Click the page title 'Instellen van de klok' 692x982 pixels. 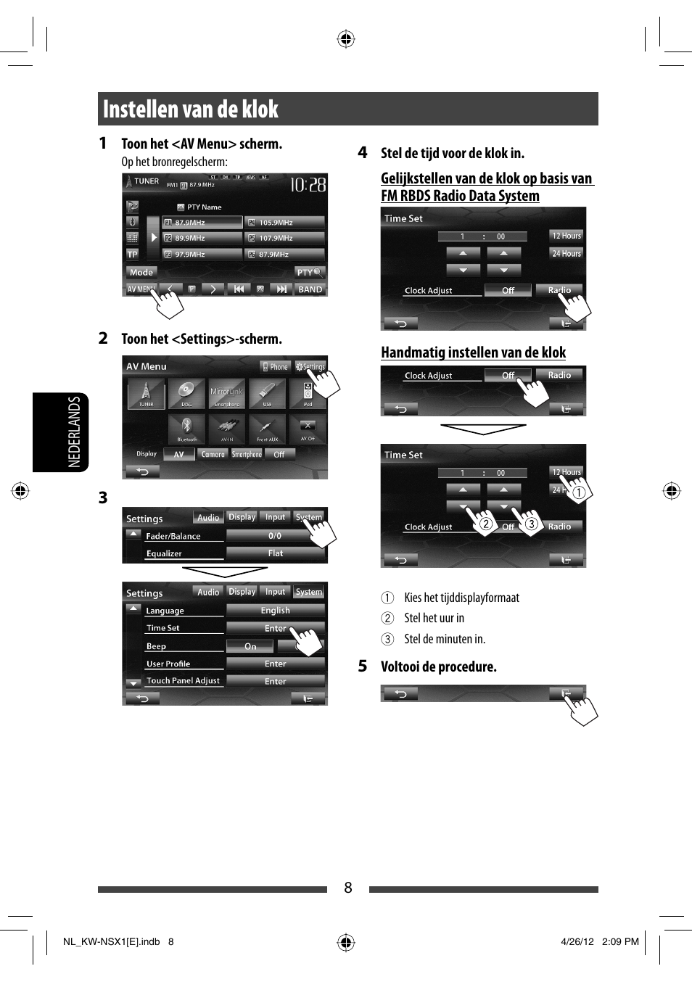tap(191, 110)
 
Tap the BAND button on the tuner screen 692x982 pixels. tap(310, 289)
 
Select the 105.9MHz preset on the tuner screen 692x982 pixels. tap(284, 223)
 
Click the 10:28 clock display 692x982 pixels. tap(308, 186)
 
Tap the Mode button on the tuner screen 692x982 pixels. tap(141, 273)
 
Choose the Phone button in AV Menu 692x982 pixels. tap(276, 367)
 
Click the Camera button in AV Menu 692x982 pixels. tap(213, 455)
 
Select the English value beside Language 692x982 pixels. tap(275, 611)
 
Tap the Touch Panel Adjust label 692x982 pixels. tap(183, 681)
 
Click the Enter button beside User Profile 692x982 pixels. tap(275, 664)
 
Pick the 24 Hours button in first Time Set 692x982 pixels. tap(567, 254)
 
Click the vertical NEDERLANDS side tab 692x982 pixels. tap(73, 432)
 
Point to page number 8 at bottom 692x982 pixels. tap(348, 888)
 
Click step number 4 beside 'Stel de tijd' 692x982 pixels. tap(363, 152)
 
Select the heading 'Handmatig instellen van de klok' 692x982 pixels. tap(473, 352)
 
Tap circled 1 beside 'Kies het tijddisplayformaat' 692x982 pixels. tap(388, 598)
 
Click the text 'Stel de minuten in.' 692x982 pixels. tap(445, 639)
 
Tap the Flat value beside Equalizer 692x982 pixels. tap(275, 553)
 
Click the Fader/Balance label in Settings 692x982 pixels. tap(173, 537)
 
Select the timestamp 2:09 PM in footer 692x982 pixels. tap(620, 942)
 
